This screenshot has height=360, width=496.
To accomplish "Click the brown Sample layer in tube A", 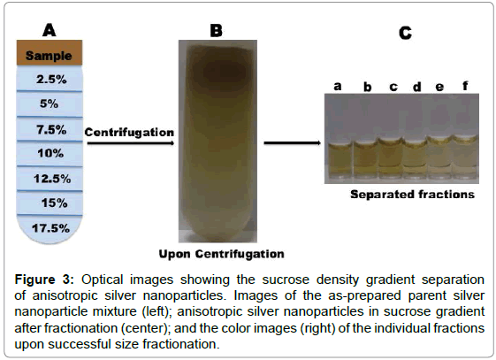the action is coord(50,52).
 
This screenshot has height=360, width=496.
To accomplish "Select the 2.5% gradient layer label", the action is coord(51,79).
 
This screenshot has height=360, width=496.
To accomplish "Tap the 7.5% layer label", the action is coord(51,129).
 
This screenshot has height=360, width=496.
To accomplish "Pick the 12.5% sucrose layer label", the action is coord(52,179).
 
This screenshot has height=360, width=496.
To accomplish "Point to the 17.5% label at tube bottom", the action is coord(50,228).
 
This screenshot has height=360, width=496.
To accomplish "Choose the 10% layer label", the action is coord(50,153).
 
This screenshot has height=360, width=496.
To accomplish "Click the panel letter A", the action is coord(50,30).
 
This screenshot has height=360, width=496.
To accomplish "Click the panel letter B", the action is coord(217,31).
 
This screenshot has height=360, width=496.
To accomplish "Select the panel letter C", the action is coord(405,33).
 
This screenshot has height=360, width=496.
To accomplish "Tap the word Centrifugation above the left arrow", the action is coord(129,132).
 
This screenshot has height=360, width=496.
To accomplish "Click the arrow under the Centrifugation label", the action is coord(131,143).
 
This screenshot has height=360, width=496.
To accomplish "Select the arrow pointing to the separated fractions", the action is coord(293,143).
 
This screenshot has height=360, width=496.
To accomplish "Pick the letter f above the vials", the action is coord(465,86).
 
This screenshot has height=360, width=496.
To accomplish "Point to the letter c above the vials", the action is coord(393,87).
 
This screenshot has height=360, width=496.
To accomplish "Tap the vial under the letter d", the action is coord(415,159).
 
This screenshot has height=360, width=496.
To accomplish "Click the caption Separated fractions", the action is coord(412,195).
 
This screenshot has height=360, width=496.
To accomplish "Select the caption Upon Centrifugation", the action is coord(221,254).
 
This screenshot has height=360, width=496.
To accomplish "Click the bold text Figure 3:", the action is coord(44,280).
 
